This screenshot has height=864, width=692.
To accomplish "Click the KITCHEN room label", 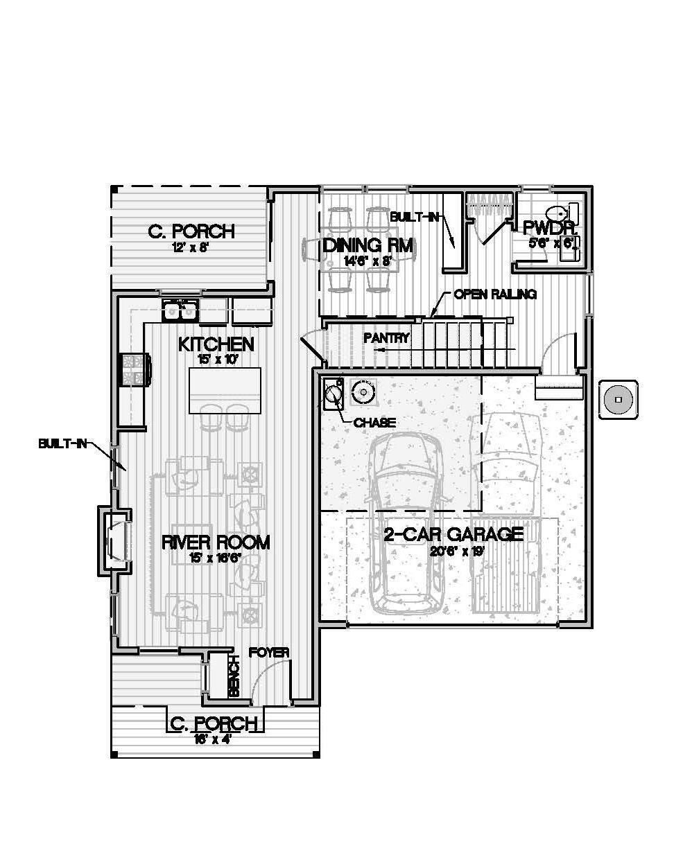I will [216, 344].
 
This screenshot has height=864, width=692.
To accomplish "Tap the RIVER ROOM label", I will [216, 542].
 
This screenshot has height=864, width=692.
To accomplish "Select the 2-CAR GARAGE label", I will [453, 534].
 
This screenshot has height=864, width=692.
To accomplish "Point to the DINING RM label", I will [367, 246].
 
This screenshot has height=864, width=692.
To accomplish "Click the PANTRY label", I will [387, 338].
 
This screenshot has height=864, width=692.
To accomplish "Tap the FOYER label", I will [269, 653].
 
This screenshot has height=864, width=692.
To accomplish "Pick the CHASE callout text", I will [374, 422].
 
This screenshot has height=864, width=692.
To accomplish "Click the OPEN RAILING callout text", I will [495, 294].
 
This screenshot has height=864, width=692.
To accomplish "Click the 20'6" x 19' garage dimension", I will [453, 551].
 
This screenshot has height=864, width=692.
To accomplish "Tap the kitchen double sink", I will [180, 310].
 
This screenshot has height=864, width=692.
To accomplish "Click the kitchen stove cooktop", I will [135, 369].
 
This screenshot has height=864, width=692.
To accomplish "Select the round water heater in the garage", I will [363, 393].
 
